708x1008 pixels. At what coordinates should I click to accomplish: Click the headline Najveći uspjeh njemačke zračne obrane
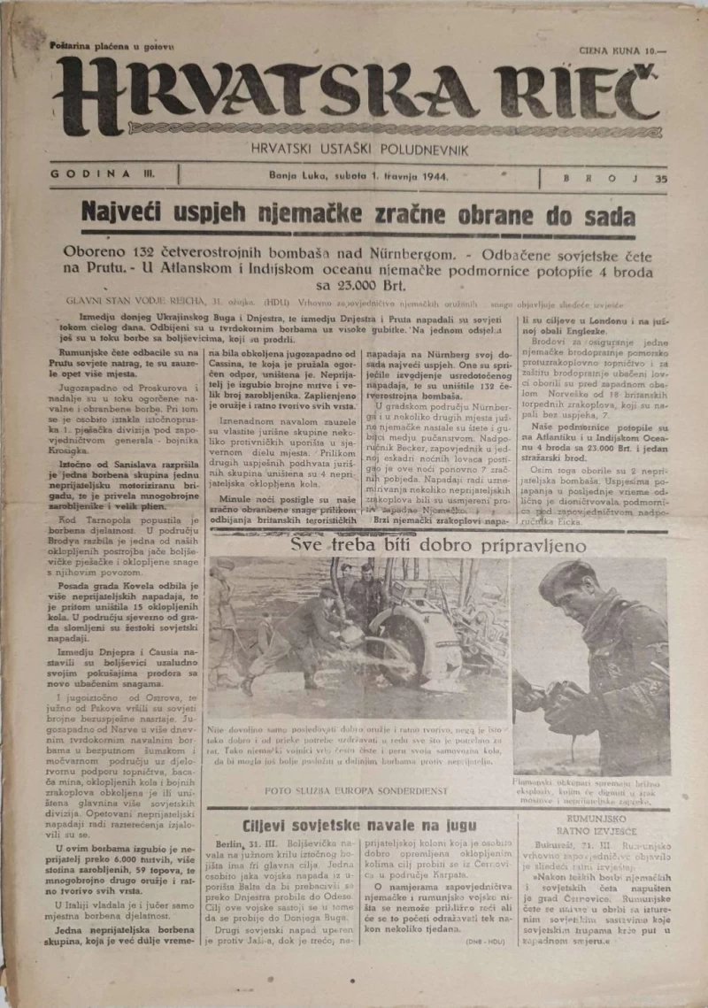[x=358, y=215]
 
